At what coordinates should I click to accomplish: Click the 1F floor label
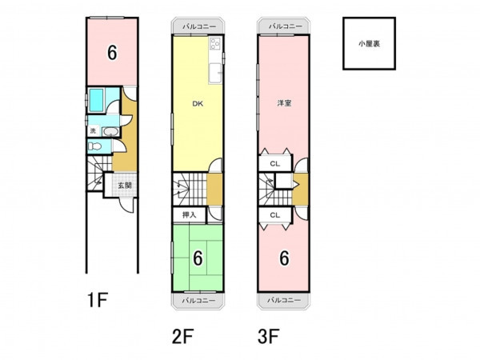98,300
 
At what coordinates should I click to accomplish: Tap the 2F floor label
182,337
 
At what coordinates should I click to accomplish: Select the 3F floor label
269,337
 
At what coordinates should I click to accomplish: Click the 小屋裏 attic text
369,44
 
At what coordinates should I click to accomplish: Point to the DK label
198,104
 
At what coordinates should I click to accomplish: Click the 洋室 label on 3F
284,103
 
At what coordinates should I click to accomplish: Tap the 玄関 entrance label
125,186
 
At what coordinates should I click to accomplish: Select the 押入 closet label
189,215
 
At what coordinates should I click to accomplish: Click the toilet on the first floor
94,146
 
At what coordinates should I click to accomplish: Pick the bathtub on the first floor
97,100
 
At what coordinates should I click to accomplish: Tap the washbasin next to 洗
110,132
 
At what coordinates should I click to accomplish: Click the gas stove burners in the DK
215,44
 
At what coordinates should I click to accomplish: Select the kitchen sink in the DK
215,73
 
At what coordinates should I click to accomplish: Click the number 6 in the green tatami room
198,258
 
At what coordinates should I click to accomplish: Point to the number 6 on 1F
112,52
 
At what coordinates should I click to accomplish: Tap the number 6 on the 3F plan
284,258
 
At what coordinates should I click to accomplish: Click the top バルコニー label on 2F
199,27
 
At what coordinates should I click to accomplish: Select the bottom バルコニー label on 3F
284,300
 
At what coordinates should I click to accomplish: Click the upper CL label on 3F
275,164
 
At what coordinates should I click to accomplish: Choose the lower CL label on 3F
275,215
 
